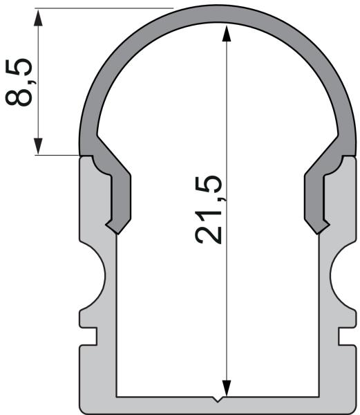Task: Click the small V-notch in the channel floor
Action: coord(218,398)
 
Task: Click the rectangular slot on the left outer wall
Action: coord(88,335)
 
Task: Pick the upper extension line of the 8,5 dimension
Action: coord(104,8)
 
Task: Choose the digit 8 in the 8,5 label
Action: coord(19,94)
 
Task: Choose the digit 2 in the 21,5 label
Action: coord(209,234)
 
